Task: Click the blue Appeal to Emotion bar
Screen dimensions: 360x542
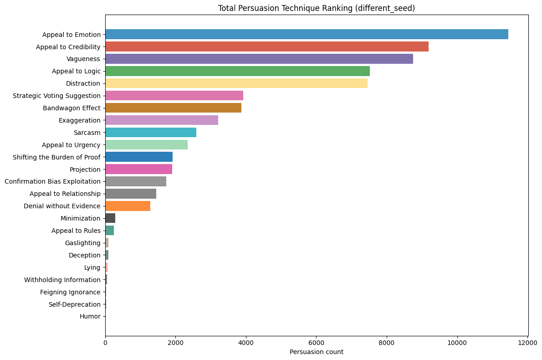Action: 307,34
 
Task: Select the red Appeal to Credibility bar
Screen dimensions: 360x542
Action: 267,46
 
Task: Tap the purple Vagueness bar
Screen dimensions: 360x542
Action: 259,59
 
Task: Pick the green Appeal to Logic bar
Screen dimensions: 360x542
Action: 237,71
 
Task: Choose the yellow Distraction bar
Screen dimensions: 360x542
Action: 236,83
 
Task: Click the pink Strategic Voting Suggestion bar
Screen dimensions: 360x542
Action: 174,95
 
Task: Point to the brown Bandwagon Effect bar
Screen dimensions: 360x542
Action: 173,108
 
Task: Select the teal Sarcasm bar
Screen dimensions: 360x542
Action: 151,132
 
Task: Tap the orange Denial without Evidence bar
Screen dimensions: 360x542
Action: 128,206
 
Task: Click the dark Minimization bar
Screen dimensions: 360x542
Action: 110,218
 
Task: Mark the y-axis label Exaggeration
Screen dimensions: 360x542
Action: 80,120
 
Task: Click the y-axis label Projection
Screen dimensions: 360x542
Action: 85,170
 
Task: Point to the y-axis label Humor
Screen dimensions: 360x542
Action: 90,317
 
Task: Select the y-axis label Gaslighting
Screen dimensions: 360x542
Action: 83,243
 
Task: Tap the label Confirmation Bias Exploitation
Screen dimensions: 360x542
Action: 52,182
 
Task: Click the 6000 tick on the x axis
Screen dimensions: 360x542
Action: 317,342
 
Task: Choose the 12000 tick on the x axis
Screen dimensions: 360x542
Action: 527,342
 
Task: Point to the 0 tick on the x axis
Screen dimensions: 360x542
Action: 105,342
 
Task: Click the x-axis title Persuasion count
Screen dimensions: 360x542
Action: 317,352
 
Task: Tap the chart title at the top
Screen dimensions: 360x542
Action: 317,8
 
